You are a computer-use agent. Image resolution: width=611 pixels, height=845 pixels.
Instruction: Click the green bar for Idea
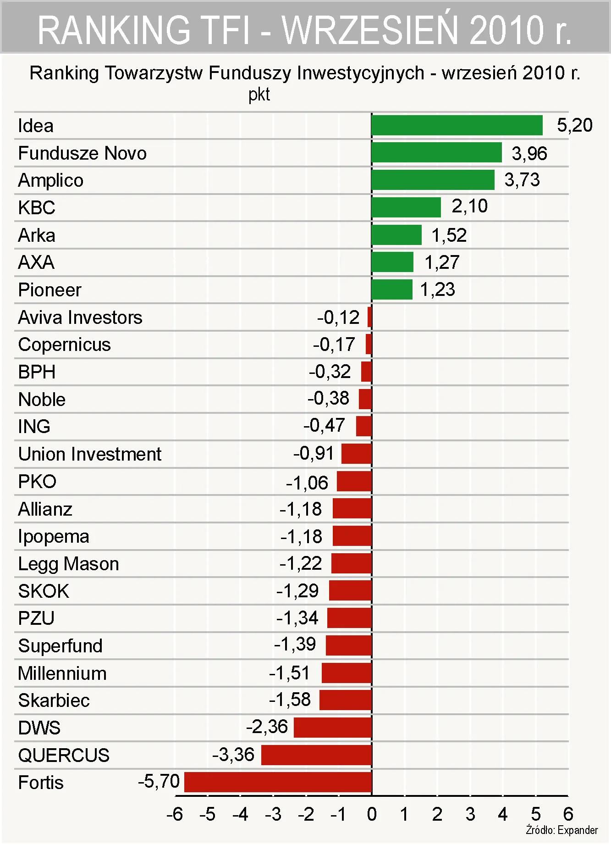457,125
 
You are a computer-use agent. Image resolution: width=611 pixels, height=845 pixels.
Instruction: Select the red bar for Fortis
278,782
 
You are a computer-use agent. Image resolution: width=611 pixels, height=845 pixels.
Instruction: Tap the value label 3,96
529,154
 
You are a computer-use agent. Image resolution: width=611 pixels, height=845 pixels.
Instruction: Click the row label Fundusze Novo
82,153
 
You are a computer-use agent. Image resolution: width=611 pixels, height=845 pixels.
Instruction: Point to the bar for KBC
406,207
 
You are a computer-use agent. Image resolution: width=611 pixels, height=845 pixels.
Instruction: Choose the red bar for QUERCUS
316,755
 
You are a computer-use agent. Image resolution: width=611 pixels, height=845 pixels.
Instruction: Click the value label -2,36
267,727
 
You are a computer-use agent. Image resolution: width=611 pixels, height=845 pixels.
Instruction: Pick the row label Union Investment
90,454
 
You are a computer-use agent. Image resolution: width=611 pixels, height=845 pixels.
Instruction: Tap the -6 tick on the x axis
174,815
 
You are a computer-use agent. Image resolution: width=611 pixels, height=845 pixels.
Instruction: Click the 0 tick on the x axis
372,815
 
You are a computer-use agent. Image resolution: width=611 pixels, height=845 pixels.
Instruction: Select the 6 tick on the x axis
568,815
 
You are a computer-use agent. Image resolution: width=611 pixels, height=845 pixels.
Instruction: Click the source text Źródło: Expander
561,830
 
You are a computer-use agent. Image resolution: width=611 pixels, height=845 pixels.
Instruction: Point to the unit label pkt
259,95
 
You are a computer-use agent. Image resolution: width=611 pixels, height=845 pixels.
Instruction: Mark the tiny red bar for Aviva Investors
369,317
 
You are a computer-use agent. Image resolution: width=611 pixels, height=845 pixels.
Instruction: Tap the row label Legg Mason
68,564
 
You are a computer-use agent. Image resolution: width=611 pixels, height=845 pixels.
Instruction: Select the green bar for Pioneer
392,289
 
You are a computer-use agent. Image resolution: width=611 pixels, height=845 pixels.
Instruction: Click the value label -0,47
324,425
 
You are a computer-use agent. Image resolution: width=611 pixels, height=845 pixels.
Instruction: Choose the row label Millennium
62,673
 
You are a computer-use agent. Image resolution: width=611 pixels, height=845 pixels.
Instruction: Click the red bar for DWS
332,728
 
